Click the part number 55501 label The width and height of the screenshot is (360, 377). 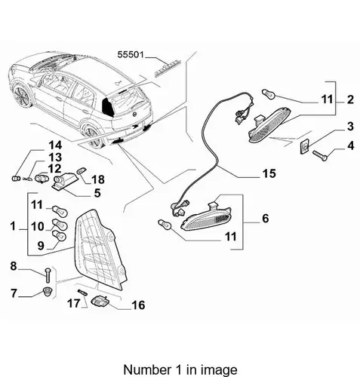(131, 54)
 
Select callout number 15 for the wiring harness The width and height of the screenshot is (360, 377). (269, 173)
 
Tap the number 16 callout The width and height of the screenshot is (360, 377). (138, 305)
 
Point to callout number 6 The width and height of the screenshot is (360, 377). (266, 218)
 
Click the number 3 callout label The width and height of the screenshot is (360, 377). (350, 127)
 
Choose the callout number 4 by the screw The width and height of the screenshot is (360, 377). (350, 146)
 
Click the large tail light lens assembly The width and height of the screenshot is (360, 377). (100, 249)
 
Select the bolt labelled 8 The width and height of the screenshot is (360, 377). (48, 275)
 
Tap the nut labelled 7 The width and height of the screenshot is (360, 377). (47, 292)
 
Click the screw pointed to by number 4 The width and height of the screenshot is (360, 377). (320, 155)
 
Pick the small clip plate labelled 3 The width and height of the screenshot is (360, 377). (304, 146)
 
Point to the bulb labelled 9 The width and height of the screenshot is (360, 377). (59, 236)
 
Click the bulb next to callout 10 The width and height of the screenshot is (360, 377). (60, 224)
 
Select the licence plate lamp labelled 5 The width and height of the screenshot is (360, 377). (62, 182)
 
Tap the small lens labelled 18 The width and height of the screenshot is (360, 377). (82, 170)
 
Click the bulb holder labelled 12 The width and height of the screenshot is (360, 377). (41, 178)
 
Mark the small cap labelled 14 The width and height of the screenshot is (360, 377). (16, 178)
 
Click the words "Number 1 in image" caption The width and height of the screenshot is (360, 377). (180, 369)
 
